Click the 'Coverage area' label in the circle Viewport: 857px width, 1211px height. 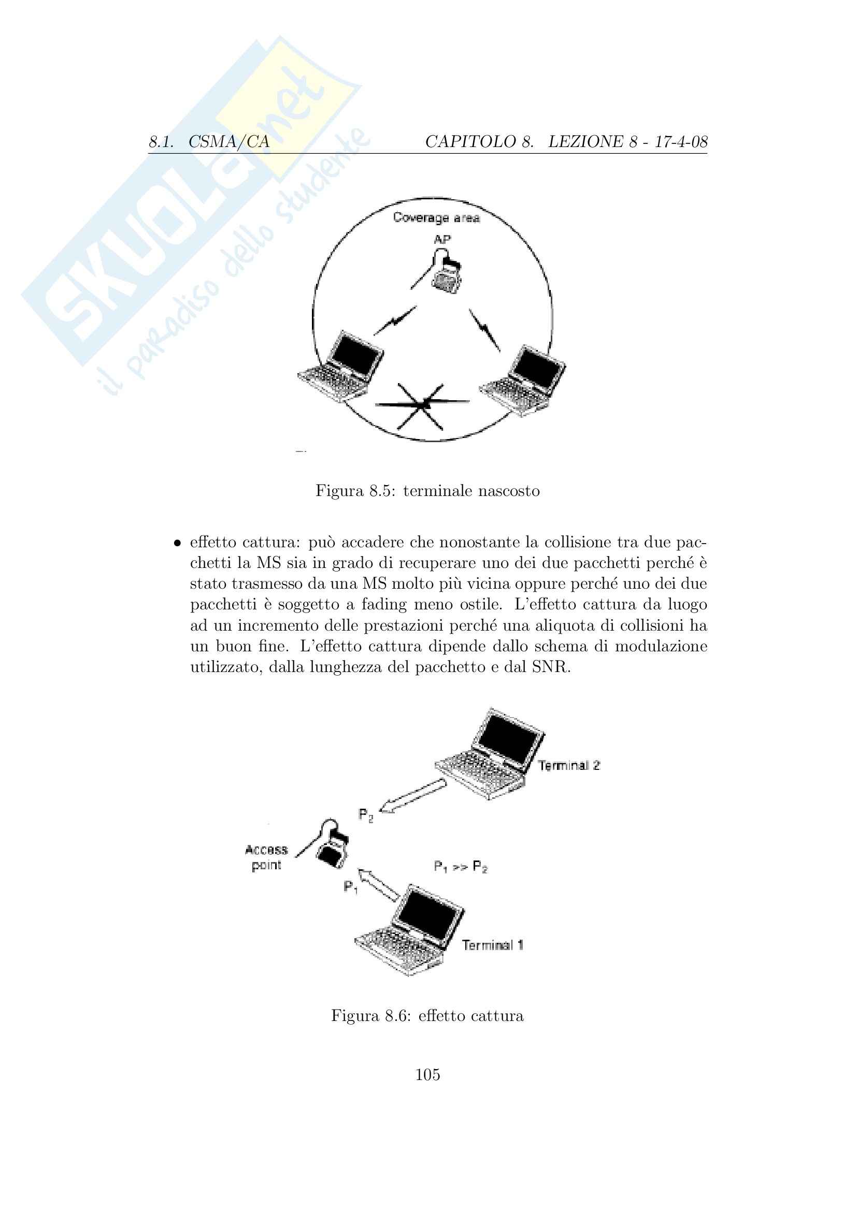point(436,218)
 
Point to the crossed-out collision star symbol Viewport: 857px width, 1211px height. point(422,404)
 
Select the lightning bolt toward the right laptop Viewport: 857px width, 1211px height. point(484,330)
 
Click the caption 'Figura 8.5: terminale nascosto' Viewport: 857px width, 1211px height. point(427,491)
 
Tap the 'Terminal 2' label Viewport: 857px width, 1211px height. point(569,765)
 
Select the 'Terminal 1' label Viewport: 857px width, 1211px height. point(492,945)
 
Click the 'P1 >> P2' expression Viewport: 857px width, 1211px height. point(460,867)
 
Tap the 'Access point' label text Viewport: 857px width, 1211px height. point(266,857)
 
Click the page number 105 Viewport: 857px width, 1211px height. point(427,1075)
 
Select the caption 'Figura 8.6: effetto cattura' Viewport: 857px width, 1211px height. point(427,1016)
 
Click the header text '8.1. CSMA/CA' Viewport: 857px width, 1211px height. point(209,142)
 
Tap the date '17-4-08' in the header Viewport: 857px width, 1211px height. point(681,142)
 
